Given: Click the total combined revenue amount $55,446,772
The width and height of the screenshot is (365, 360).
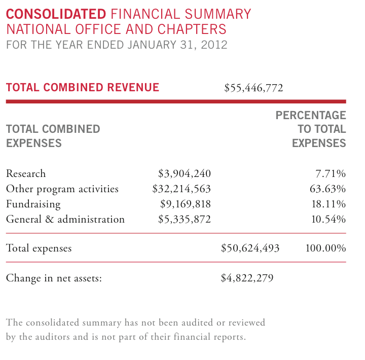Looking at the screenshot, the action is (x=253, y=88).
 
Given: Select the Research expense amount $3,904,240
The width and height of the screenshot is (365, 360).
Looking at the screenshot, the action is (x=185, y=174).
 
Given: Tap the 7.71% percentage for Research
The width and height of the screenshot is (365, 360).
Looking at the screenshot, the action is (x=331, y=174).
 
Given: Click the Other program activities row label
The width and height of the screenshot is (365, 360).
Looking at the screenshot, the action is (x=62, y=189).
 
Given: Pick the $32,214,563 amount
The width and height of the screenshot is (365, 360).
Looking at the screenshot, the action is (x=181, y=189).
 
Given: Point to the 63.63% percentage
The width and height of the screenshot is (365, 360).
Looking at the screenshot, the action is (x=328, y=189).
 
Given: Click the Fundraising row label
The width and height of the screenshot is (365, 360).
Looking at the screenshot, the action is (x=33, y=204).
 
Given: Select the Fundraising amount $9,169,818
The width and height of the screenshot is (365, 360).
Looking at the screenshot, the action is (x=186, y=204).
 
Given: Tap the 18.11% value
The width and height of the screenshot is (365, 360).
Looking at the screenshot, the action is (x=328, y=204).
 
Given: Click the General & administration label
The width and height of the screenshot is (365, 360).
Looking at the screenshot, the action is (x=65, y=219).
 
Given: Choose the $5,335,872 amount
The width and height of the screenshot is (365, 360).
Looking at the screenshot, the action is (x=185, y=220).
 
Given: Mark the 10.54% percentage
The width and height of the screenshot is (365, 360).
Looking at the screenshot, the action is (x=328, y=220).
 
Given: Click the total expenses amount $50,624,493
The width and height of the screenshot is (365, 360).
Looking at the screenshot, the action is (x=250, y=248).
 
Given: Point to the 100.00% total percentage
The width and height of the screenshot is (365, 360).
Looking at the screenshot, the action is (x=325, y=248).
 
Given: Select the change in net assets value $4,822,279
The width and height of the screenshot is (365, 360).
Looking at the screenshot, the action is (x=247, y=278).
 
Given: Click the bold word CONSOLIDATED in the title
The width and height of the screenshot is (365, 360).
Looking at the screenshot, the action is (x=56, y=14).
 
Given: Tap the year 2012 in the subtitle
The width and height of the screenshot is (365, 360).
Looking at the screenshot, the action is (x=214, y=45).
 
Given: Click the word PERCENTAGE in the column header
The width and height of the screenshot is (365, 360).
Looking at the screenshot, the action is (x=311, y=115).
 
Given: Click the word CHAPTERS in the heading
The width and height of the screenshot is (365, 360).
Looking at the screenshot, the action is (x=192, y=29).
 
